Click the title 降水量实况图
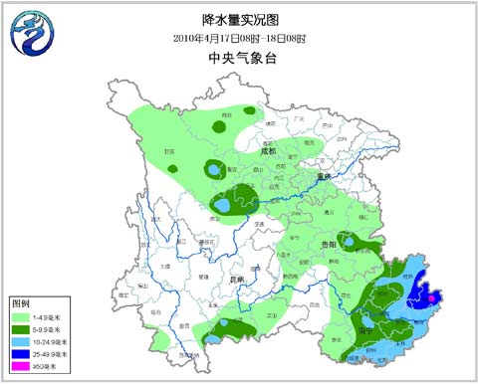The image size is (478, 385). coord(239,19)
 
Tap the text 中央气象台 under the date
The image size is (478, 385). coord(239,59)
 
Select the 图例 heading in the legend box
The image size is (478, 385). coord(20,301)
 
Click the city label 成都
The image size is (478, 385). coord(267,152)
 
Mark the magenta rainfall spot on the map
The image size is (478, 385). coord(431,295)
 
